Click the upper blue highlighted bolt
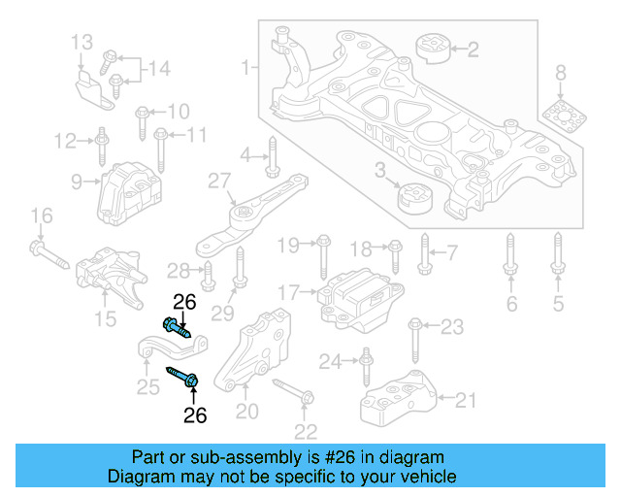tap(176, 325)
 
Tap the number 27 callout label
tap(218, 181)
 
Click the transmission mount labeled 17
tap(358, 295)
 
